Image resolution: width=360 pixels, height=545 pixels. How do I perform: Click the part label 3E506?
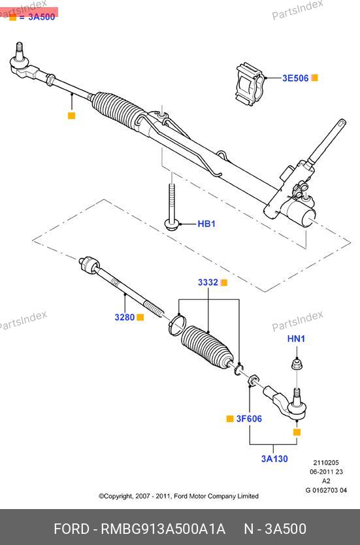(x=295, y=78)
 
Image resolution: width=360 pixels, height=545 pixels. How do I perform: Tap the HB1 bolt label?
(x=206, y=224)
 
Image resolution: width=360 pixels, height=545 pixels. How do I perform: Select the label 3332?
(x=208, y=282)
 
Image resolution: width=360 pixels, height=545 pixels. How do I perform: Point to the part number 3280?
(x=125, y=318)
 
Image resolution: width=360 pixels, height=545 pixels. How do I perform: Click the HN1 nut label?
(x=296, y=339)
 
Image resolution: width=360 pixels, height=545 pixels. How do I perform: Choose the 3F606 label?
(x=249, y=419)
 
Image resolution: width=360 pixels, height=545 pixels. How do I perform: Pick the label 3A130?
(x=274, y=459)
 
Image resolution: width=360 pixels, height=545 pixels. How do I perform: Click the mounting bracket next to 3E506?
(x=250, y=83)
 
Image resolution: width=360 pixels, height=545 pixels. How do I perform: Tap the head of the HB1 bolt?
(x=172, y=224)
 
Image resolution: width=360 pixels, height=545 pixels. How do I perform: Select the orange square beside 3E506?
(x=314, y=78)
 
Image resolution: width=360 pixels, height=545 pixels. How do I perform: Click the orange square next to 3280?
(x=140, y=318)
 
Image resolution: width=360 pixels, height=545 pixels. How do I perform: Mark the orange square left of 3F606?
(x=230, y=419)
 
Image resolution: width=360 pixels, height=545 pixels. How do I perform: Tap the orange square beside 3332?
(x=224, y=282)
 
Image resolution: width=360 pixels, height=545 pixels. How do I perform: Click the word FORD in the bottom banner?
(x=71, y=529)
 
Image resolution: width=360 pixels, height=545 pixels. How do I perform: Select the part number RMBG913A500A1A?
(x=163, y=529)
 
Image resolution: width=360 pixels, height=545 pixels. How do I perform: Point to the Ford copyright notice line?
(x=178, y=496)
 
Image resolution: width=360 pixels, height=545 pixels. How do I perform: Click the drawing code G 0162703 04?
(x=326, y=490)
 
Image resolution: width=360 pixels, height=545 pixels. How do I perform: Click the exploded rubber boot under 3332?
(x=207, y=347)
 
